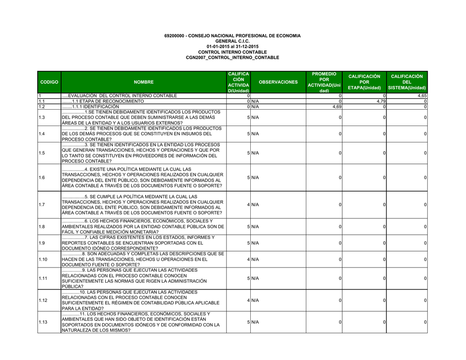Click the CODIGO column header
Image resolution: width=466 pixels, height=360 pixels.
pos(49,82)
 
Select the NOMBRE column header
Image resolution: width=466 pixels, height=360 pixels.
pos(143,82)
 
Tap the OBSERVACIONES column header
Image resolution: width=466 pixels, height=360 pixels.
pos(278,82)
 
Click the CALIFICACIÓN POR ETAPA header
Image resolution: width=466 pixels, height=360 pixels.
pos(364,82)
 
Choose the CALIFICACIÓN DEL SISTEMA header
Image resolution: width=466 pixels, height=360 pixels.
pos(407,82)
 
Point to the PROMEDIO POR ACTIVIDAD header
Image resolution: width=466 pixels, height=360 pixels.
pos(324,82)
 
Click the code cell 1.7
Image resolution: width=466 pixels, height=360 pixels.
pos(42,205)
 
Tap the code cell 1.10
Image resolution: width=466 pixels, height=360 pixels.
pos(43,259)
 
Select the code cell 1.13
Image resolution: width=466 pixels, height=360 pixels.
pos(43,322)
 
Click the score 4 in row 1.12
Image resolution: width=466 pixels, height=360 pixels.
pos(248,300)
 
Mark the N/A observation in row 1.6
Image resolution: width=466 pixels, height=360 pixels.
pos(255,177)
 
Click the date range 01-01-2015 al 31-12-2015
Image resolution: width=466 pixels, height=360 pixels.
pos(233,47)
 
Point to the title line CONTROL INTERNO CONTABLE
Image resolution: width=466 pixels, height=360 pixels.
pos(233,52)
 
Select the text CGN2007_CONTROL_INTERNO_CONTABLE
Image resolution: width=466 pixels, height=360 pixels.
pos(233,58)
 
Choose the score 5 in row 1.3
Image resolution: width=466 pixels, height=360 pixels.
pos(248,117)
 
